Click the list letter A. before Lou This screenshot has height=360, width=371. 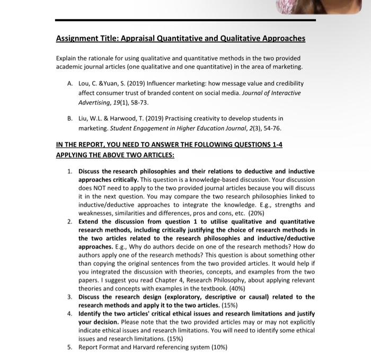(x=70, y=83)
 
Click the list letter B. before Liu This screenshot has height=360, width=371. (x=70, y=118)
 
